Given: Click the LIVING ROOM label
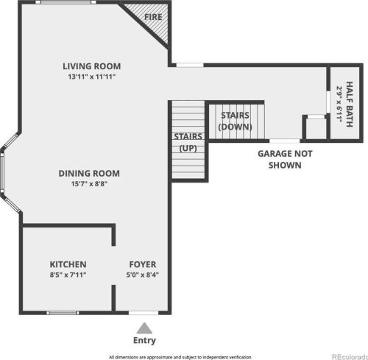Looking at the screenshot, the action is (92, 66).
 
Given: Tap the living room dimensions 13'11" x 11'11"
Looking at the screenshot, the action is (92, 77).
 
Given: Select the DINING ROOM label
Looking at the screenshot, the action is (89, 174).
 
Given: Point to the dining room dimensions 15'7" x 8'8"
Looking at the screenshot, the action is (89, 183).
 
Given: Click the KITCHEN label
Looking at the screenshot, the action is (68, 264).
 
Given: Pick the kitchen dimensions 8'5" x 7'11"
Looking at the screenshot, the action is (68, 275).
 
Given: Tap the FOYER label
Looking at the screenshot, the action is (143, 264).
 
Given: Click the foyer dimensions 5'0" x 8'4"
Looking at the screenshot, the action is (143, 275).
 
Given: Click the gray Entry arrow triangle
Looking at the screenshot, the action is (144, 328).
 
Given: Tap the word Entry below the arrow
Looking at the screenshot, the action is (144, 341).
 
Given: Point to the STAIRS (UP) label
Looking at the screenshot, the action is (188, 143).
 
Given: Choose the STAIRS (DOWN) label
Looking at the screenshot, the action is (236, 121).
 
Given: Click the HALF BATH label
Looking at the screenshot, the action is (350, 104).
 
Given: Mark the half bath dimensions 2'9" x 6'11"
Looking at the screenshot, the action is (339, 104).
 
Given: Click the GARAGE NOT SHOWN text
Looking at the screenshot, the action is (285, 160).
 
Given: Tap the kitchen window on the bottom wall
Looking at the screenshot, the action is (63, 313).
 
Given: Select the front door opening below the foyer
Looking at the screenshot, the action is (144, 313).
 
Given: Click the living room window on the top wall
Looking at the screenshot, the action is (66, 2).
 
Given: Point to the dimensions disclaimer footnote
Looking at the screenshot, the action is (180, 357).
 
